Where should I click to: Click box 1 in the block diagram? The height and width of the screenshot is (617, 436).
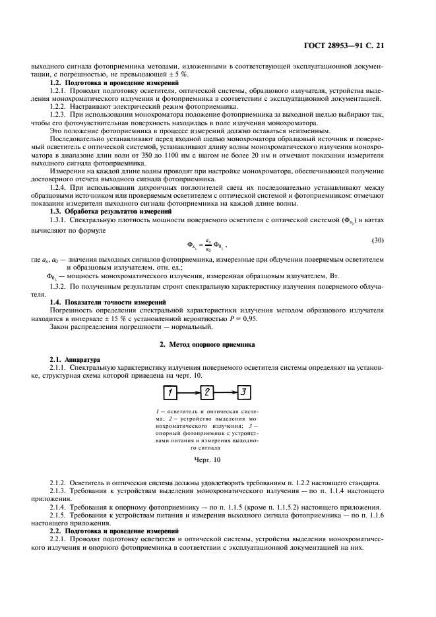170,394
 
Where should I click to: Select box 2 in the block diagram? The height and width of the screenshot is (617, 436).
207,394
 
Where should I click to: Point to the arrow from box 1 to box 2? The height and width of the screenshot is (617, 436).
189,394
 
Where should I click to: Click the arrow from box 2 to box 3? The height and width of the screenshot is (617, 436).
226,394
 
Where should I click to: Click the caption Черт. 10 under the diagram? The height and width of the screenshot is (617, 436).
207,459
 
